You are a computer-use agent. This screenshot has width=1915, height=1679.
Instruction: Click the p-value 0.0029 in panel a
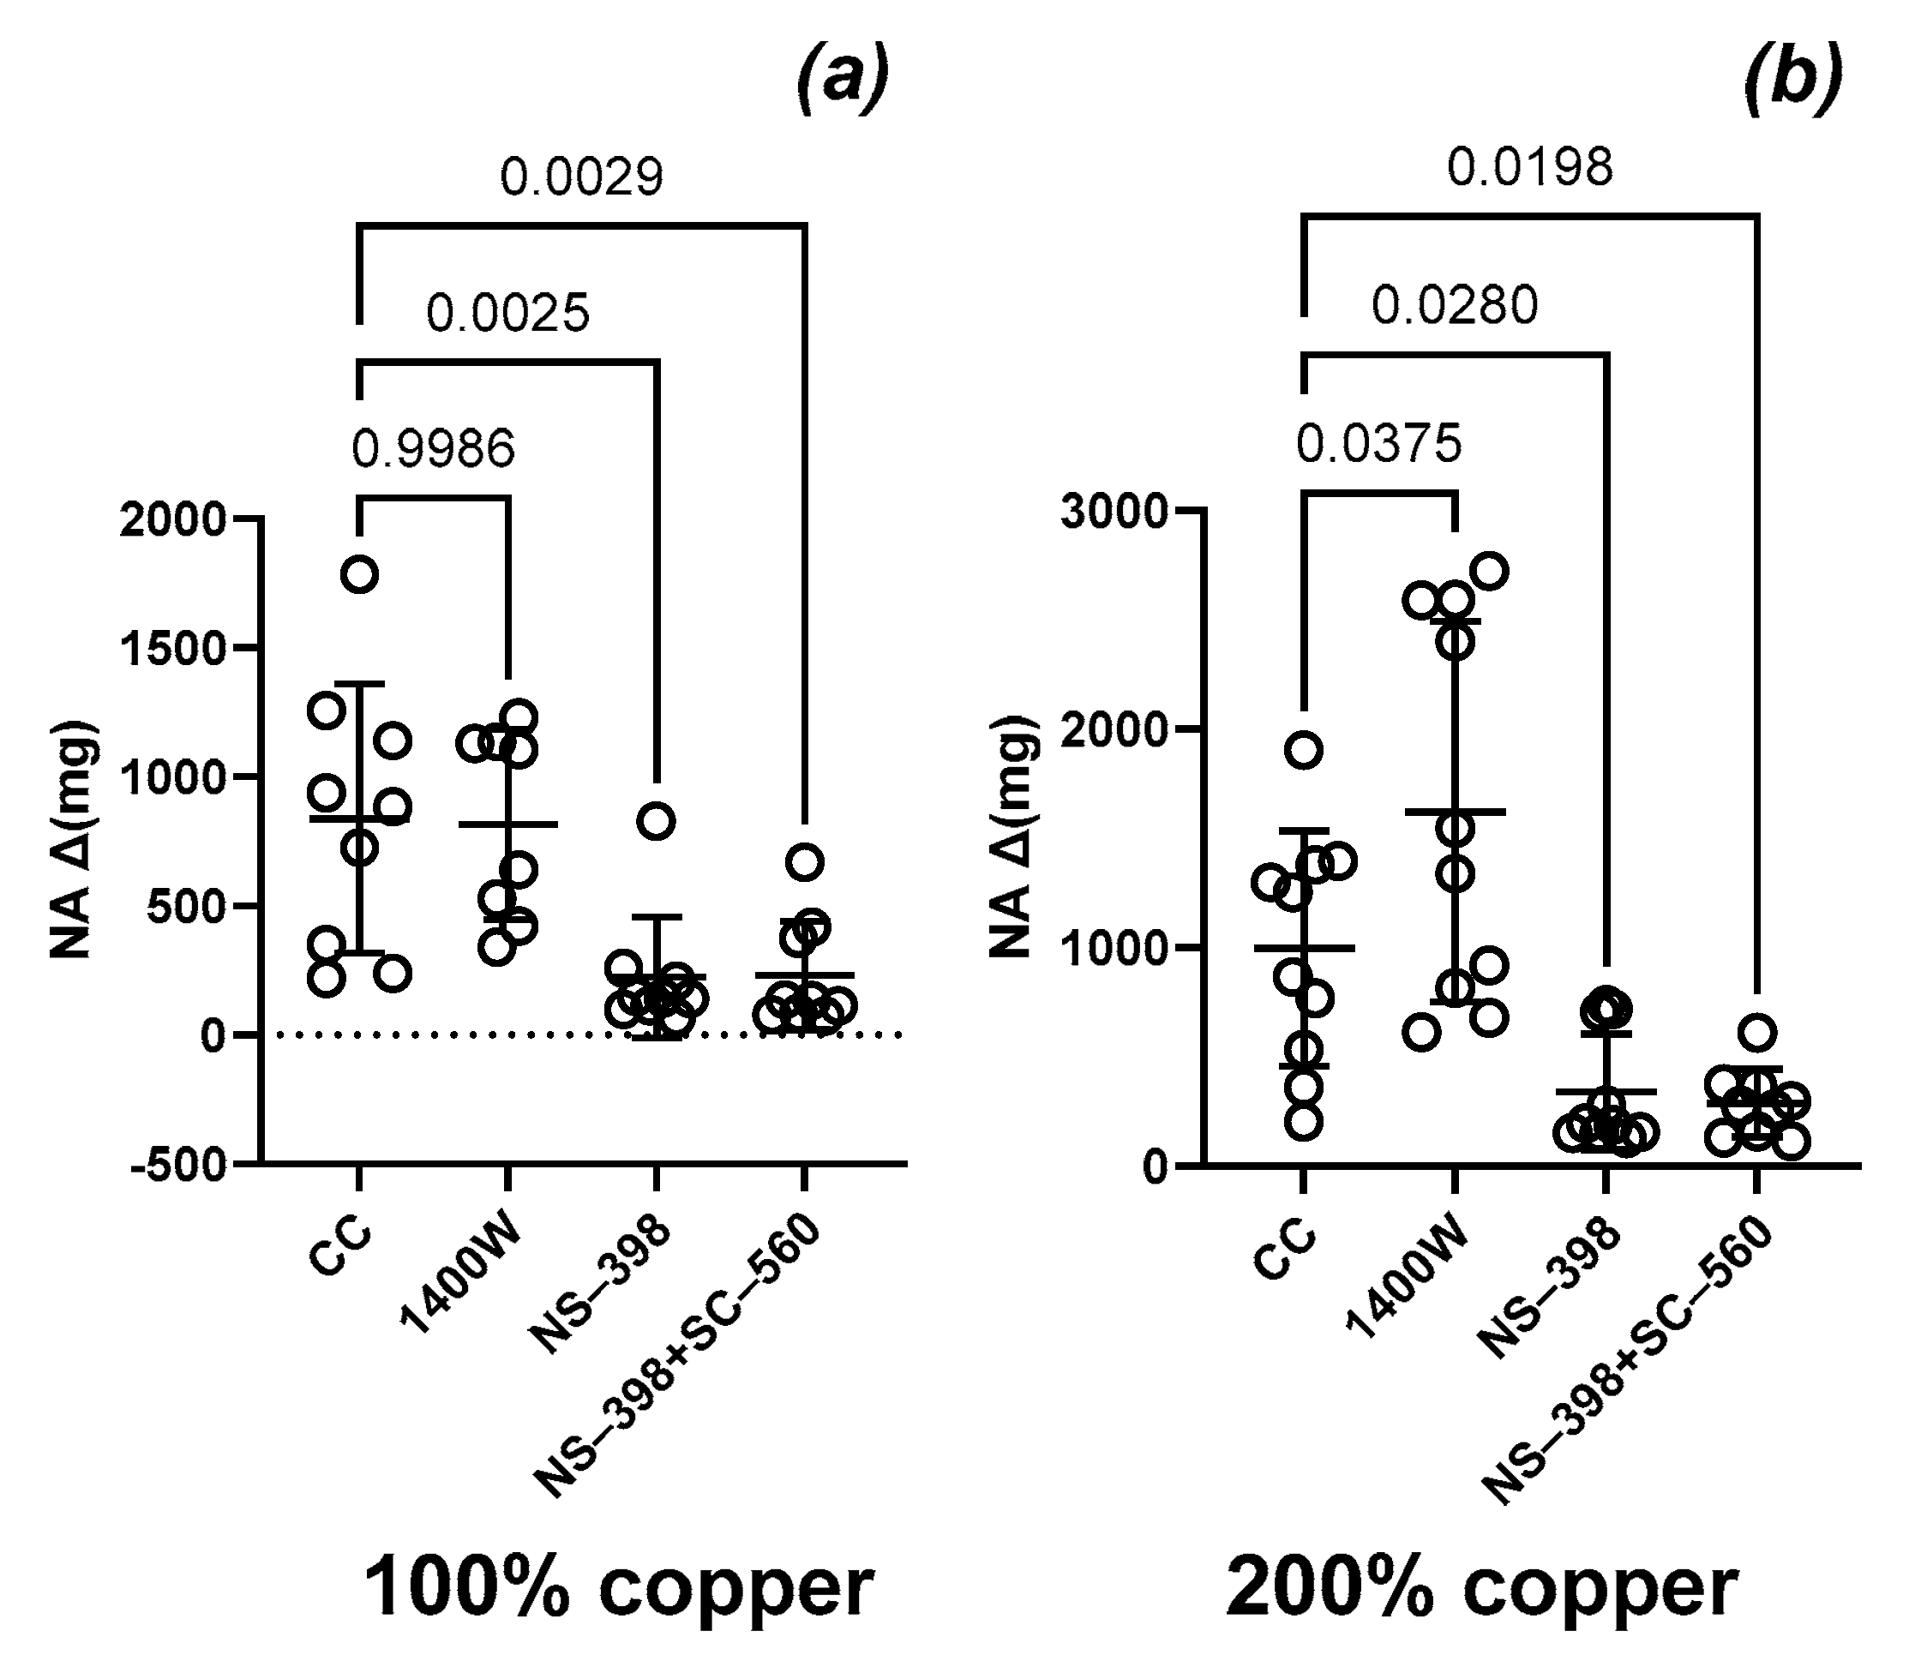coord(581,177)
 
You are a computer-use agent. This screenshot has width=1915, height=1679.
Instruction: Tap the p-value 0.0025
coord(507,313)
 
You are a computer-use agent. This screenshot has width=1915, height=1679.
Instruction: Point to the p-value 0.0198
coord(1530,167)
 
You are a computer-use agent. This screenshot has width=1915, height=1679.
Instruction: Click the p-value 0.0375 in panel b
coord(1378,443)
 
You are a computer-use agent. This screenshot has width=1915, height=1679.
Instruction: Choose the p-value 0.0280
coord(1454,305)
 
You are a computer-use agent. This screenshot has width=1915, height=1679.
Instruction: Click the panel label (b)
coord(1793,79)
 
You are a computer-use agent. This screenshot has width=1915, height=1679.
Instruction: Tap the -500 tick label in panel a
coord(179,1166)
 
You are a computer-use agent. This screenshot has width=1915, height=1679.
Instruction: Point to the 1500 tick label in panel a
coord(174,648)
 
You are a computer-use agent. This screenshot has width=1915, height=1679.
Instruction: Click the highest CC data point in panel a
coord(360,574)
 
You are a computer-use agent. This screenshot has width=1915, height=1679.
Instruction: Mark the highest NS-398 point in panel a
coord(656,822)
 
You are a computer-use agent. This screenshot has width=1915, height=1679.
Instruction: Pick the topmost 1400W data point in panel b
coord(1489,571)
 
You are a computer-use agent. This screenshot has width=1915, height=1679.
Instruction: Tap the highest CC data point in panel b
coord(1303,750)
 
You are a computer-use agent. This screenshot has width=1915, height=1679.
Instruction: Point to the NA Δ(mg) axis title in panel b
coord(1014,836)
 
